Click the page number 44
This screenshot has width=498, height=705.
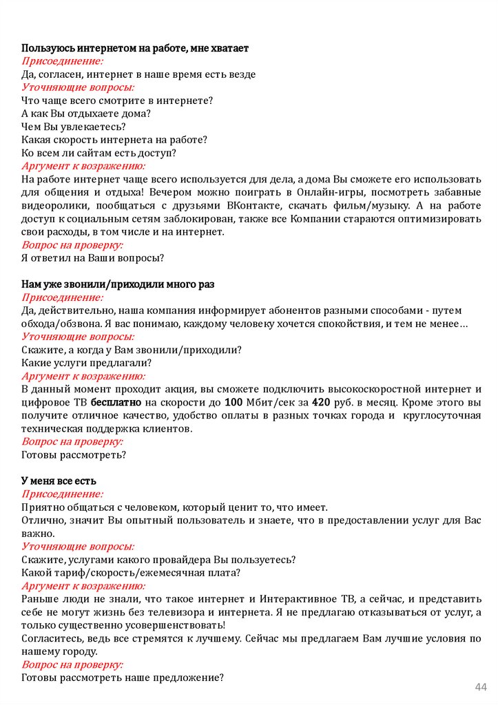coord(481,688)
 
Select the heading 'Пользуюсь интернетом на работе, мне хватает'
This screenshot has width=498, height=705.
coord(135,48)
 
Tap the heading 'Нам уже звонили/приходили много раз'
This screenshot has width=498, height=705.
coord(118,284)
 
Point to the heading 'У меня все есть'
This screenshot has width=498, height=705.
coord(59,480)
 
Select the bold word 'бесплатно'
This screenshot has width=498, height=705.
coord(116,402)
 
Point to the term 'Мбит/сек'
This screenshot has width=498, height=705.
coord(269,402)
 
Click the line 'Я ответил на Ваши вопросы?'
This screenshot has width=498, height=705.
coord(92,257)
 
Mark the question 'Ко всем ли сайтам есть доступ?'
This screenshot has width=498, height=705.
coord(98,153)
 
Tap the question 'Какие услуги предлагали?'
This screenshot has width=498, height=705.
coord(86,363)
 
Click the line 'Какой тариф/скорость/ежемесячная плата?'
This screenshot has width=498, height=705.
coord(131,572)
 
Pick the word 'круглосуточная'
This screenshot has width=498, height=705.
coord(439,415)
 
